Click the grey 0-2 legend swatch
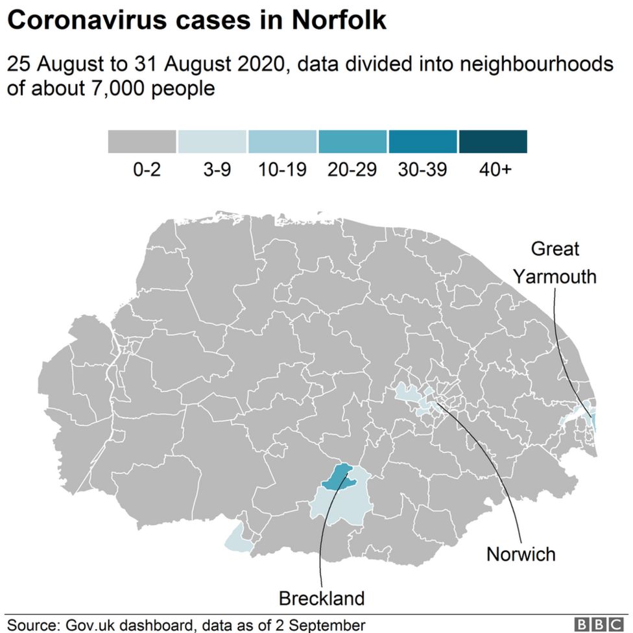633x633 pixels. coord(141,141)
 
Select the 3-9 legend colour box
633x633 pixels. coord(212,141)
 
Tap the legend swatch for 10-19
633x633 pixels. coord(283,141)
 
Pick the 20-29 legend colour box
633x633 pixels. coord(353,141)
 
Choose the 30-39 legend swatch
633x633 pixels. coord(423,141)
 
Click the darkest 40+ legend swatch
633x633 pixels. coord(493,141)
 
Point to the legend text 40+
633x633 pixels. coord(495,170)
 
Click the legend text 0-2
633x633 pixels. coord(146,170)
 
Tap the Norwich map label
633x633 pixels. coord(521,555)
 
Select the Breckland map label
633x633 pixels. coord(322,597)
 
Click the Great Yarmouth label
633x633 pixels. coord(555,263)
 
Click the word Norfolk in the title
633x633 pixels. coord(339,21)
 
